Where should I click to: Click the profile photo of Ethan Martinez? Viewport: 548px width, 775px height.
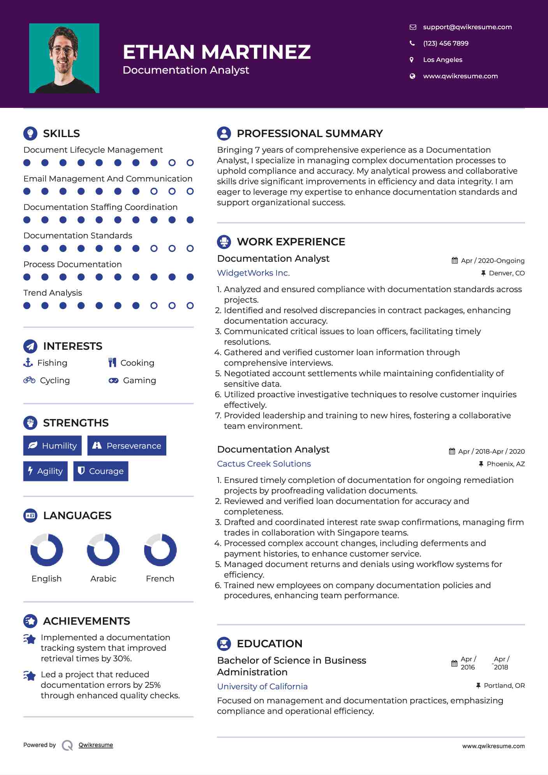pyautogui.click(x=64, y=58)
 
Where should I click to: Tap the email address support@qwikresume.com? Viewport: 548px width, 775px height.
pyautogui.click(x=467, y=27)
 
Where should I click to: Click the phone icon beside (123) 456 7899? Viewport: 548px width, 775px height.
pyautogui.click(x=412, y=43)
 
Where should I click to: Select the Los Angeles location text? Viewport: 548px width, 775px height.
pyautogui.click(x=442, y=60)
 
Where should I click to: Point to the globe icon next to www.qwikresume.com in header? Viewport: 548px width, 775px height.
pyautogui.click(x=412, y=76)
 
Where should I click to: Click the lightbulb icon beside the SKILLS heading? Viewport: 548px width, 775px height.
pyautogui.click(x=30, y=133)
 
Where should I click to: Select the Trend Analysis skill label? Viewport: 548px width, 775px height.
pyautogui.click(x=53, y=293)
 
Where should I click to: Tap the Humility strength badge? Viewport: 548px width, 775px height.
pyautogui.click(x=53, y=446)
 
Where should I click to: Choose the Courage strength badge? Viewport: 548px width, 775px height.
pyautogui.click(x=101, y=471)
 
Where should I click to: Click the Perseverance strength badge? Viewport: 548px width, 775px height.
pyautogui.click(x=127, y=446)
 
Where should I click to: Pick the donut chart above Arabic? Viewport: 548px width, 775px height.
pyautogui.click(x=103, y=550)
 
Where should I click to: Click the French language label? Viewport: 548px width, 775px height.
pyautogui.click(x=160, y=579)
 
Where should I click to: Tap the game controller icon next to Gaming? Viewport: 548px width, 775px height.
pyautogui.click(x=113, y=380)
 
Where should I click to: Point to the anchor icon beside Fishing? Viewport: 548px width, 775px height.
pyautogui.click(x=28, y=363)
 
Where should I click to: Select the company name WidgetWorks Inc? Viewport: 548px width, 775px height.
pyautogui.click(x=253, y=273)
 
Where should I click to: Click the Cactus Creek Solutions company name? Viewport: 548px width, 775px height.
pyautogui.click(x=264, y=464)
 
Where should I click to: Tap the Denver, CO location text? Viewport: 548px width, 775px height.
pyautogui.click(x=506, y=273)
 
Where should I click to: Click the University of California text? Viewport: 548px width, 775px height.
pyautogui.click(x=262, y=687)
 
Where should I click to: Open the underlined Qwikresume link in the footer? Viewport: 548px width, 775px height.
pyautogui.click(x=96, y=745)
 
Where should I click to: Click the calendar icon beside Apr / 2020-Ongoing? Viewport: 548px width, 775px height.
pyautogui.click(x=455, y=261)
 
